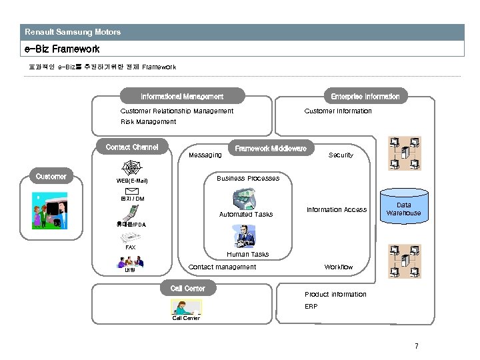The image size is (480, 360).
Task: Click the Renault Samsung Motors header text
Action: tap(73, 31)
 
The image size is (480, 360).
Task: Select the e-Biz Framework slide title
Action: tap(62, 49)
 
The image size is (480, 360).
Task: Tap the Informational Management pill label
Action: tap(182, 97)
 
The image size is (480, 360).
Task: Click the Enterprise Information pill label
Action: tap(365, 97)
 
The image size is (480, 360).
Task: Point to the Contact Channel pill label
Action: tap(132, 147)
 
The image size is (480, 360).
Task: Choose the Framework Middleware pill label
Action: tap(271, 148)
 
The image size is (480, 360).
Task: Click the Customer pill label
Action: tap(51, 177)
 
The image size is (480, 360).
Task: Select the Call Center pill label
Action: tap(187, 289)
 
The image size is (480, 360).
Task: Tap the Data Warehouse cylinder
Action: tap(404, 207)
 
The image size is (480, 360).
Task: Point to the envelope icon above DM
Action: tap(132, 191)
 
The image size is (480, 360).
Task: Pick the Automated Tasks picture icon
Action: tap(245, 199)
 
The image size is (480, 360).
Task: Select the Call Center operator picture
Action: tap(186, 307)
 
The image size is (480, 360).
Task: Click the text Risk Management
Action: tap(148, 122)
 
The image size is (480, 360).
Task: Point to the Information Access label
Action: tap(336, 210)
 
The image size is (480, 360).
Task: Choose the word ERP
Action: tap(311, 307)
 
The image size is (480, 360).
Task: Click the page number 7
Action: tap(416, 346)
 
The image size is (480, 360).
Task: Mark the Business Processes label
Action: tap(247, 179)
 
